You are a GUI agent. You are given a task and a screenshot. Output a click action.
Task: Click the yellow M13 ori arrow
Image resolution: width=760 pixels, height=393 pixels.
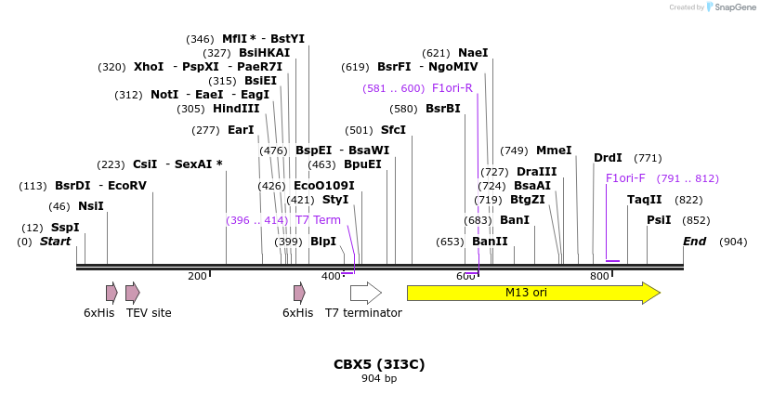(x=532, y=293)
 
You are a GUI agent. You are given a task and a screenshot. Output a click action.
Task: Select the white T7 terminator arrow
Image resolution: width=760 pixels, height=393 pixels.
(x=365, y=293)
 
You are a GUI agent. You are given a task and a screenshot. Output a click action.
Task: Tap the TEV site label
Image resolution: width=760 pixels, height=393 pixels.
(x=149, y=313)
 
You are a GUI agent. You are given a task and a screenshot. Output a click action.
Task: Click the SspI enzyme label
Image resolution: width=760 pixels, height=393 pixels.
(x=65, y=228)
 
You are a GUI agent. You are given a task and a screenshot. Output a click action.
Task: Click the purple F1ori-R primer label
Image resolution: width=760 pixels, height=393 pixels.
(x=452, y=88)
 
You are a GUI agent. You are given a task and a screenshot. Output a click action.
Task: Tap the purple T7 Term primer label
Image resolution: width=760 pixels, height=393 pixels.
(x=318, y=220)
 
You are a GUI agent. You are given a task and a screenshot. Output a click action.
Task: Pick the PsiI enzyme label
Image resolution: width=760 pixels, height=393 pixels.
(x=659, y=220)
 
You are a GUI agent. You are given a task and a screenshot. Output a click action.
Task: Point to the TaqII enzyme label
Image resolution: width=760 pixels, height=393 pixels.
(x=645, y=200)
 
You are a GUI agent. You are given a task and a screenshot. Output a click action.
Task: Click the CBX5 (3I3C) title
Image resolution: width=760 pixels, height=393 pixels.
(x=379, y=364)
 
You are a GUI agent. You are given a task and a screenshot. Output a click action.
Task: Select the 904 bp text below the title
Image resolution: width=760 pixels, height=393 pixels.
(x=379, y=378)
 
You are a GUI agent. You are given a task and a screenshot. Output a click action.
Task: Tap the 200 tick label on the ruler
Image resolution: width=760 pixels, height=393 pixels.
(x=197, y=277)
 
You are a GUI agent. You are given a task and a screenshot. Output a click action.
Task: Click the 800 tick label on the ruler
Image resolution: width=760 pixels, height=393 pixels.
(x=599, y=277)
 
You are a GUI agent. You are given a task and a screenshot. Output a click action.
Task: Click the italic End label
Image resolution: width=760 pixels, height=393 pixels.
(x=695, y=242)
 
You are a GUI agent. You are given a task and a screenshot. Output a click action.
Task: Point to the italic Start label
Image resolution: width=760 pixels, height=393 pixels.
(x=55, y=242)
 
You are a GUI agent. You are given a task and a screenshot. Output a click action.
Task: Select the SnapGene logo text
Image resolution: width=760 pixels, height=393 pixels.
(x=734, y=7)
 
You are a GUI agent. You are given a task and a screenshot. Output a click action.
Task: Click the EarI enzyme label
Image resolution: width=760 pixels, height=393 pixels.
(x=241, y=130)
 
